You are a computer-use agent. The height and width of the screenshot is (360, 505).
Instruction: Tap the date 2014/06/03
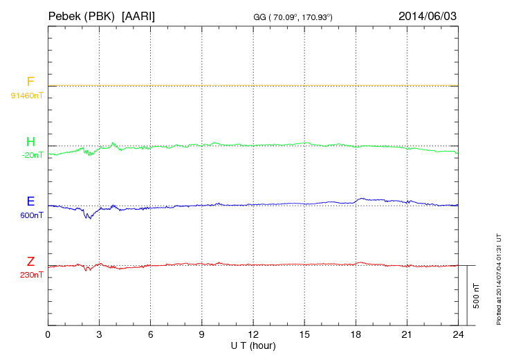[x=428, y=15]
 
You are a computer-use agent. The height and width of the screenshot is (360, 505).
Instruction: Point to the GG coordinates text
[x=293, y=16]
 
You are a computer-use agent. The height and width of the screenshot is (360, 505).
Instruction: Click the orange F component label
[x=30, y=82]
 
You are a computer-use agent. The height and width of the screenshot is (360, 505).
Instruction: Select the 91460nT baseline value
[x=27, y=95]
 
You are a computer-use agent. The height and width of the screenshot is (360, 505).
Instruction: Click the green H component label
[x=30, y=142]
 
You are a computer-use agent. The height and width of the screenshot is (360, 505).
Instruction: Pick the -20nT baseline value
[x=32, y=155]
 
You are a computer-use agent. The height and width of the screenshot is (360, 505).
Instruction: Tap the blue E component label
[x=30, y=202]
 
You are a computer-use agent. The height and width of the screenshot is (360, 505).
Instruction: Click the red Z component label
[x=30, y=262]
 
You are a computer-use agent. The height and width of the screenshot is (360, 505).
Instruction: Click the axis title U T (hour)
[x=253, y=345]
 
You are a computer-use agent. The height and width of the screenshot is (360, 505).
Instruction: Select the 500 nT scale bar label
[x=477, y=296]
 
